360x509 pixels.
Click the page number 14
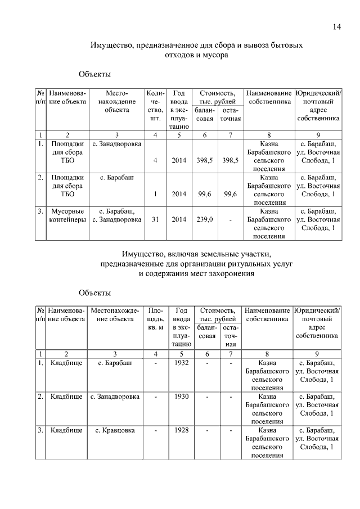(x=336, y=26)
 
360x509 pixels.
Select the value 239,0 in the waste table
(x=204, y=219)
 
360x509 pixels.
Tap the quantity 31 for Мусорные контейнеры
(x=154, y=219)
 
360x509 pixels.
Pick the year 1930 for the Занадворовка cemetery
(x=181, y=397)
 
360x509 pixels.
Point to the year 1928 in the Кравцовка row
(x=181, y=430)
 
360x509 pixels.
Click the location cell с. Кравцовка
(x=115, y=430)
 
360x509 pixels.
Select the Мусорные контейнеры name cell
(x=68, y=215)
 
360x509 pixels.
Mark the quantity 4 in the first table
(x=154, y=160)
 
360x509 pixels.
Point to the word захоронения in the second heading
(x=230, y=274)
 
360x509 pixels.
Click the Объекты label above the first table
(x=94, y=74)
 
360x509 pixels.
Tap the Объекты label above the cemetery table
(x=94, y=292)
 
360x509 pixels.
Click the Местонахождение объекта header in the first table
(x=116, y=102)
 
